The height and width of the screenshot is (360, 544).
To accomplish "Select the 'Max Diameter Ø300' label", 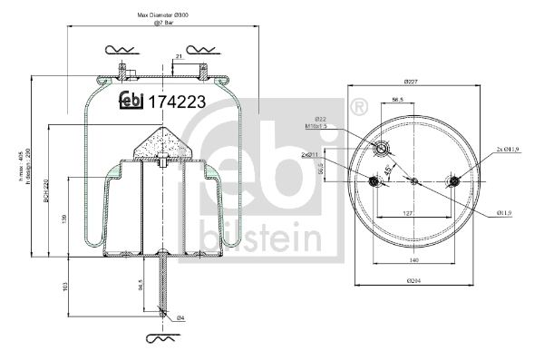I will [x=162, y=15].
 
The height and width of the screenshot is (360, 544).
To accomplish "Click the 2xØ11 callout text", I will [x=314, y=155].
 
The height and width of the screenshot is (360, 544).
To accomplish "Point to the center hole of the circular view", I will [x=413, y=181].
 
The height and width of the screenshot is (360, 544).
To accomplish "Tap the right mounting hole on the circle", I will [x=453, y=181].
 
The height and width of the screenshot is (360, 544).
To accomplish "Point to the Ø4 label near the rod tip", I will [x=180, y=317].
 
